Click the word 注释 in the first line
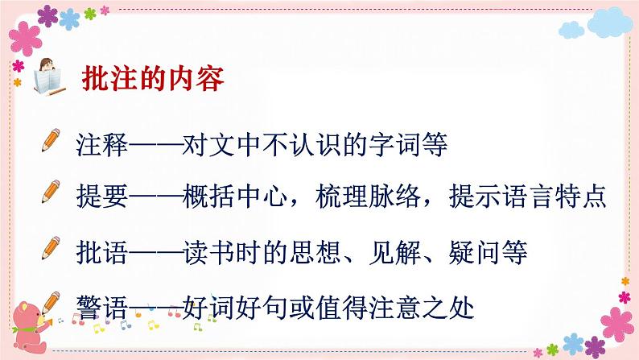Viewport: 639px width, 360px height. click(101, 147)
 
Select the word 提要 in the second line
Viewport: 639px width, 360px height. click(101, 196)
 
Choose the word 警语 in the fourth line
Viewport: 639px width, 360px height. click(101, 307)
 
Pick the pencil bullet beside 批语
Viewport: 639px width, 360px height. click(56, 249)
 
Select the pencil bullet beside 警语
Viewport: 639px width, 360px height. click(56, 303)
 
